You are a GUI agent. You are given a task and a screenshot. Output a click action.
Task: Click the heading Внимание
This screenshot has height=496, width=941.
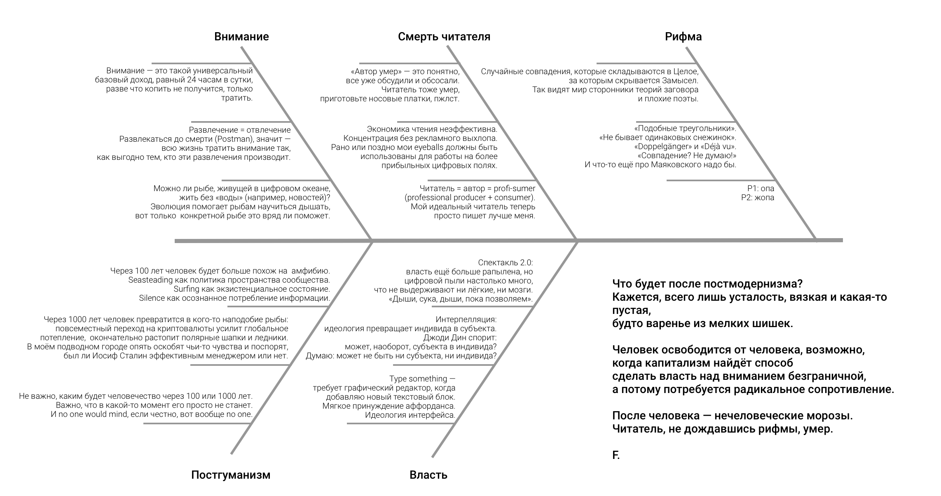pos(241,37)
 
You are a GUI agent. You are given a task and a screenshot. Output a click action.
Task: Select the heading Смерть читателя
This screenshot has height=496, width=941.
pos(444,37)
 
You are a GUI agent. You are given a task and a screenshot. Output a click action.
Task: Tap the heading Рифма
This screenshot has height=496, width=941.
pos(684,37)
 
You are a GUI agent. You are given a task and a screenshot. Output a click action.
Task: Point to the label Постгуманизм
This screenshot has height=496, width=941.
pos(231,475)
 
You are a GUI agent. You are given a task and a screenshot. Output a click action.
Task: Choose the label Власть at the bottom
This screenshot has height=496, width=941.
pos(428,475)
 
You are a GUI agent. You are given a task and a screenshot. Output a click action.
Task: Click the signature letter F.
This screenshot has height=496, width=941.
pos(616,455)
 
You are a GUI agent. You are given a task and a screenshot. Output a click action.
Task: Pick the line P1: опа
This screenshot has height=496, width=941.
pos(761,189)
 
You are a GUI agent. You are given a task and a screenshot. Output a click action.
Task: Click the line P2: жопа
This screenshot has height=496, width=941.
pos(758,198)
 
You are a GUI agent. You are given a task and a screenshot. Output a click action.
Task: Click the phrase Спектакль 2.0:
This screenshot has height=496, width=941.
pos(506,263)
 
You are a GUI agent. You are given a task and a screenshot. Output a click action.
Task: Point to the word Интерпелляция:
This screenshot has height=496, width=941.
pos(466,320)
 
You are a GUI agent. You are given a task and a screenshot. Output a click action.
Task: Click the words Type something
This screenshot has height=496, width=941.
pos(418,379)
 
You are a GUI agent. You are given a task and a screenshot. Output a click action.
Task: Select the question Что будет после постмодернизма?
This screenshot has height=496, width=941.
pos(708,284)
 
